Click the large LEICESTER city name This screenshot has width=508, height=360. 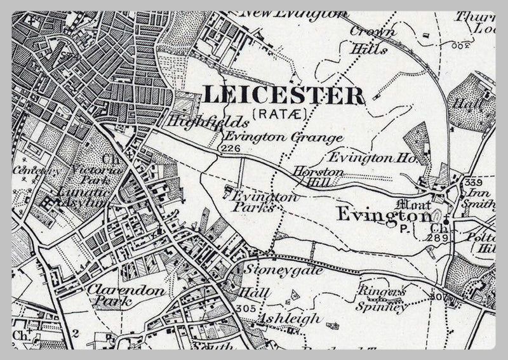(x=284, y=95)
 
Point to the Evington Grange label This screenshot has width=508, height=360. (x=282, y=137)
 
